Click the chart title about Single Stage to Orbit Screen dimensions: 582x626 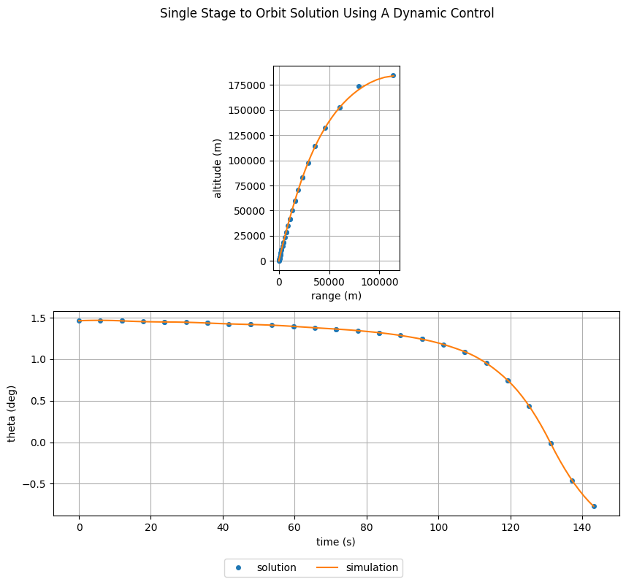pyautogui.click(x=327, y=13)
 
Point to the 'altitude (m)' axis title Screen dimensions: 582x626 pyautogui.click(x=218, y=168)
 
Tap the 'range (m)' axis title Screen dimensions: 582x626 pyautogui.click(x=336, y=296)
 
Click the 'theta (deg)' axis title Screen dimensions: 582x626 pyautogui.click(x=12, y=413)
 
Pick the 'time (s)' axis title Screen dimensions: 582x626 pyautogui.click(x=336, y=541)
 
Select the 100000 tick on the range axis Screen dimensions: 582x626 pyautogui.click(x=379, y=281)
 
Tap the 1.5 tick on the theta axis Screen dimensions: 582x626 pyautogui.click(x=39, y=318)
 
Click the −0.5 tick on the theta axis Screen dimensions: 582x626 pyautogui.click(x=36, y=484)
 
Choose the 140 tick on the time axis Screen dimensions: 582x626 pyautogui.click(x=582, y=527)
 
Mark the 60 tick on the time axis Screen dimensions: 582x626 pyautogui.click(x=294, y=527)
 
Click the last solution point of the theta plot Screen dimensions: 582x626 pyautogui.click(x=594, y=506)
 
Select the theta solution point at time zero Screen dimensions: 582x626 pyautogui.click(x=79, y=321)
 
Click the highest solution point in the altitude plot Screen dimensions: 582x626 pyautogui.click(x=393, y=75)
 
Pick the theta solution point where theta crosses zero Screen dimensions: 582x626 pyautogui.click(x=551, y=443)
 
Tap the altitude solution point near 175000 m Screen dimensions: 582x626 pyautogui.click(x=359, y=86)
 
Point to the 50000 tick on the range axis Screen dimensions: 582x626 pyautogui.click(x=329, y=281)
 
